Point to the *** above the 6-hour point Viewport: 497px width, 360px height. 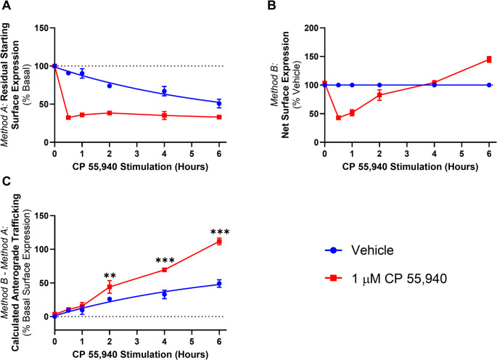pyautogui.click(x=218, y=233)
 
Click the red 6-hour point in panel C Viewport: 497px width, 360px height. pyautogui.click(x=218, y=241)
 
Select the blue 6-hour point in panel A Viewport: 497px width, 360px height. pyautogui.click(x=218, y=103)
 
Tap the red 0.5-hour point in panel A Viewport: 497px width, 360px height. pyautogui.click(x=68, y=117)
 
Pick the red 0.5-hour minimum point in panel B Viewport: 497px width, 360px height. pyautogui.click(x=338, y=117)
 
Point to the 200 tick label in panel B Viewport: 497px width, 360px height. pyautogui.click(x=311, y=28)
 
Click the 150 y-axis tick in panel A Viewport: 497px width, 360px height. pyautogui.click(x=41, y=28)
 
